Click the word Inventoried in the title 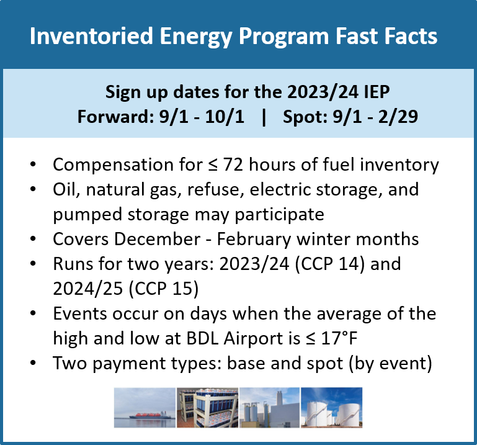pyautogui.click(x=83, y=36)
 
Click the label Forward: pyautogui.click(x=115, y=117)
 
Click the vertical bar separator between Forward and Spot pyautogui.click(x=264, y=117)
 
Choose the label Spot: pyautogui.click(x=305, y=117)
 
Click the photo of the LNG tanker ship pyautogui.click(x=145, y=408)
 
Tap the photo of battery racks pyautogui.click(x=207, y=408)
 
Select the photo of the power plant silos pyautogui.click(x=269, y=408)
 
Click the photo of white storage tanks pyautogui.click(x=331, y=408)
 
